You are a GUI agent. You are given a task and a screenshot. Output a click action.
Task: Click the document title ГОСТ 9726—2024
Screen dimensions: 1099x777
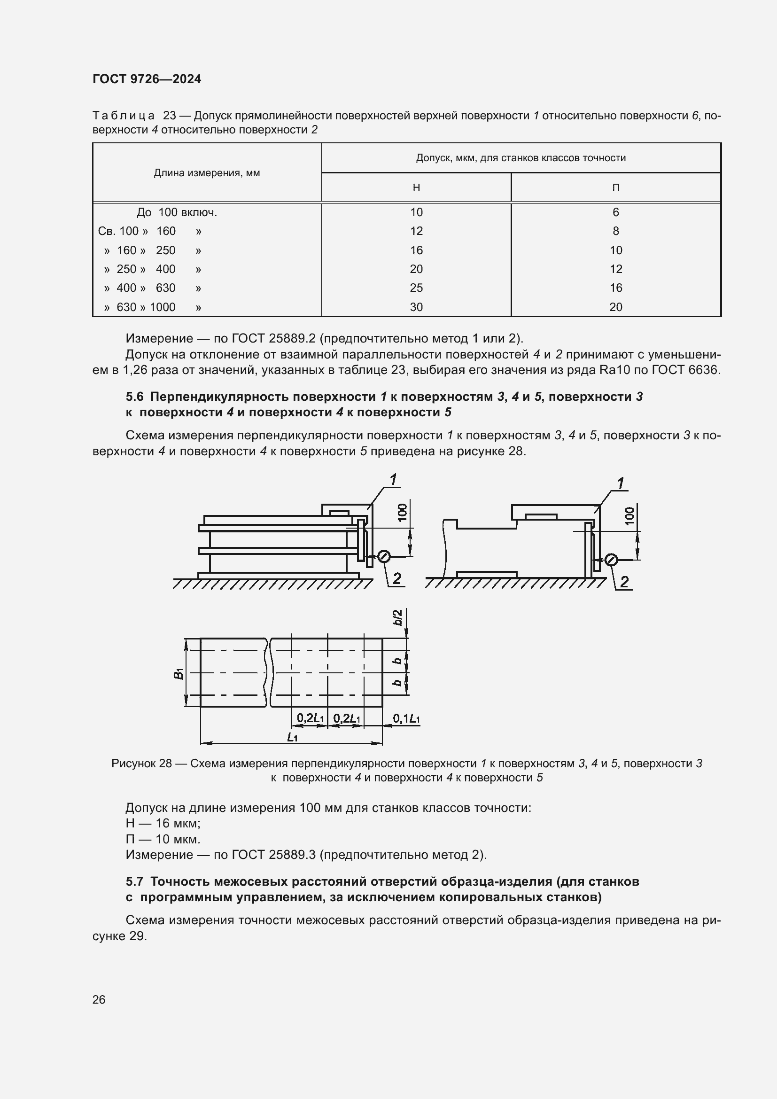(x=147, y=79)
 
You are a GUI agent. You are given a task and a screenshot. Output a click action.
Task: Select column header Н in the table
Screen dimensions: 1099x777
(x=416, y=187)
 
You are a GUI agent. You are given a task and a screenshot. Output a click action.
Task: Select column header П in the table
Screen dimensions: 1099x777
(x=615, y=187)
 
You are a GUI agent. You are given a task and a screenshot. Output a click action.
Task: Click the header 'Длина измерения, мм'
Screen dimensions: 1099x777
(x=207, y=173)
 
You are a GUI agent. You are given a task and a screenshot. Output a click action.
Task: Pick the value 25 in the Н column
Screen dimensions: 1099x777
(x=416, y=288)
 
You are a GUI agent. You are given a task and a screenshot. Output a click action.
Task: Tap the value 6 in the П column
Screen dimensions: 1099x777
(x=615, y=212)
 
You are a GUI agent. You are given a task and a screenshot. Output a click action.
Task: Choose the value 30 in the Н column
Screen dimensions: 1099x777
(x=416, y=307)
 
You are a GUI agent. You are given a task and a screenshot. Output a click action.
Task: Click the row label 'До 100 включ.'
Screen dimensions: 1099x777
(x=177, y=212)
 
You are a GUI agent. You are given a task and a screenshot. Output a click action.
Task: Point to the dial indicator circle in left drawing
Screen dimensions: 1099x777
(x=384, y=556)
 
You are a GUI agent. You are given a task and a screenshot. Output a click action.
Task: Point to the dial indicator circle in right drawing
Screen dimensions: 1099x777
(x=611, y=560)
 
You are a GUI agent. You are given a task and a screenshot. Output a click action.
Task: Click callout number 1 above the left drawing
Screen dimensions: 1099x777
(x=393, y=479)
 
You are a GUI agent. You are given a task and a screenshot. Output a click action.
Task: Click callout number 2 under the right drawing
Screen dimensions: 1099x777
(x=624, y=582)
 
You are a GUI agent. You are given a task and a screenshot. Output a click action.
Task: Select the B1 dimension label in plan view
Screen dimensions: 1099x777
(x=179, y=673)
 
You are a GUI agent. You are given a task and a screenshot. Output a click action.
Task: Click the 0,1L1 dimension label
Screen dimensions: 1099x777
(x=406, y=718)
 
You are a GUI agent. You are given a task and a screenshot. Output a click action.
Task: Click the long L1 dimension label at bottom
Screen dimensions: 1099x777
(x=292, y=738)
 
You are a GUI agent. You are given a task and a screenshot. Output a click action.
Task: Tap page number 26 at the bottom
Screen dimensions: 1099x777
(x=99, y=999)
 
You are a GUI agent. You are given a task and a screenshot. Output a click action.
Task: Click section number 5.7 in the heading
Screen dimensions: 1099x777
(x=134, y=881)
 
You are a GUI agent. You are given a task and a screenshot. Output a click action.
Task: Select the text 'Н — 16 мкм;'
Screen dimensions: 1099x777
(x=163, y=823)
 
